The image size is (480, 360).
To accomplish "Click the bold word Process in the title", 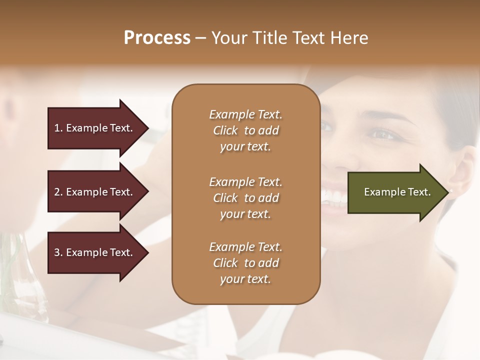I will pyautogui.click(x=157, y=38).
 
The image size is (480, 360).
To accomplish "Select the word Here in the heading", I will pyautogui.click(x=349, y=38).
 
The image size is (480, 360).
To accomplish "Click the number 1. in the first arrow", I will pyautogui.click(x=58, y=128).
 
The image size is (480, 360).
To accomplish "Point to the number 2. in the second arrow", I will pyautogui.click(x=58, y=192).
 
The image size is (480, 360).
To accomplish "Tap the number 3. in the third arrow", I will pyautogui.click(x=58, y=252).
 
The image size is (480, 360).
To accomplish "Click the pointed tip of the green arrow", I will pyautogui.click(x=446, y=192).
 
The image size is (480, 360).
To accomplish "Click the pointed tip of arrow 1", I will pyautogui.click(x=146, y=128).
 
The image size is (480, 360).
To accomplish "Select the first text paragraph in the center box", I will pyautogui.click(x=245, y=130).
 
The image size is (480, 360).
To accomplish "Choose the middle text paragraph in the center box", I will pyautogui.click(x=245, y=198).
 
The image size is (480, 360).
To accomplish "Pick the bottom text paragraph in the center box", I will pyautogui.click(x=245, y=263).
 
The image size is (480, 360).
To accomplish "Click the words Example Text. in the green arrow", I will pyautogui.click(x=397, y=192).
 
